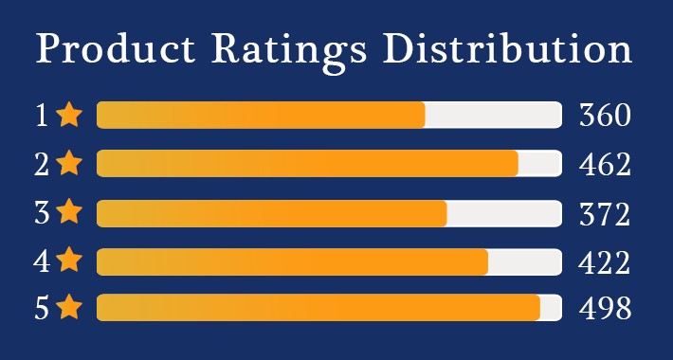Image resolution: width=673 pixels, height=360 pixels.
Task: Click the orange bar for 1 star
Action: pyautogui.click(x=261, y=115)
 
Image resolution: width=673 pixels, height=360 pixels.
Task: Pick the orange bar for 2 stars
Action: pyautogui.click(x=307, y=164)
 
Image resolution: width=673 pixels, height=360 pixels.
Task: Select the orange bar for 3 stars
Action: pyautogui.click(x=271, y=213)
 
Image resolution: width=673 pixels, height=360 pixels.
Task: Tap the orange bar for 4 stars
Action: pyautogui.click(x=292, y=261)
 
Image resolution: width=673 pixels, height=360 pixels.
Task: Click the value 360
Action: pyautogui.click(x=605, y=116)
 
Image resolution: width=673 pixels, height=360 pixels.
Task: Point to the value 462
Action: pyautogui.click(x=605, y=165)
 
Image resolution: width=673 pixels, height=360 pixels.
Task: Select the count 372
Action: pyautogui.click(x=605, y=214)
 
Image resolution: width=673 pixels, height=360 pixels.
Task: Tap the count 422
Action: pyautogui.click(x=605, y=261)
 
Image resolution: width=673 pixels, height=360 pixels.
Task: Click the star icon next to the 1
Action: pyautogui.click(x=69, y=115)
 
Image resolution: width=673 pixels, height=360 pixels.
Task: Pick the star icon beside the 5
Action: pyautogui.click(x=69, y=308)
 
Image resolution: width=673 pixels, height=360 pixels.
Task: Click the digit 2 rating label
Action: pyautogui.click(x=42, y=165)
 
